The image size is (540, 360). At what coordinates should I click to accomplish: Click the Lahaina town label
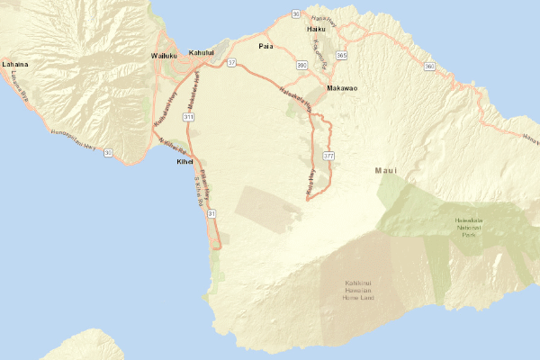pos(15,65)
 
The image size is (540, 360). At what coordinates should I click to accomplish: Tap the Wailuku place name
pos(166,56)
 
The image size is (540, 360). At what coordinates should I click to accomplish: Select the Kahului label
pos(202,53)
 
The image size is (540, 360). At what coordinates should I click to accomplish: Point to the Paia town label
pos(265,45)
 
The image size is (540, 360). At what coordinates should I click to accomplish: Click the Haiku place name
pos(315,29)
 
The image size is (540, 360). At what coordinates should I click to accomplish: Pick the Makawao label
pos(343,88)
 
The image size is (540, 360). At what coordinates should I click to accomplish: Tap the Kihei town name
pos(184,162)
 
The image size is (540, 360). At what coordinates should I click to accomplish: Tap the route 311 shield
pos(188,117)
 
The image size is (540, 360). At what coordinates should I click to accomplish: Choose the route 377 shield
pos(328,157)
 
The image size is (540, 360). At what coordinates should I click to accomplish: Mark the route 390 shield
pos(302,65)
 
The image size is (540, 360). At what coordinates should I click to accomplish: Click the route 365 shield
pos(341,56)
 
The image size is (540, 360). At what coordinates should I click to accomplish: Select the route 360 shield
pos(429,67)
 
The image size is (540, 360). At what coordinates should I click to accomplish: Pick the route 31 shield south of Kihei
pos(211,214)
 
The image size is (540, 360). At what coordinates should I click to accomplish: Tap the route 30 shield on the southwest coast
pos(108,153)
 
